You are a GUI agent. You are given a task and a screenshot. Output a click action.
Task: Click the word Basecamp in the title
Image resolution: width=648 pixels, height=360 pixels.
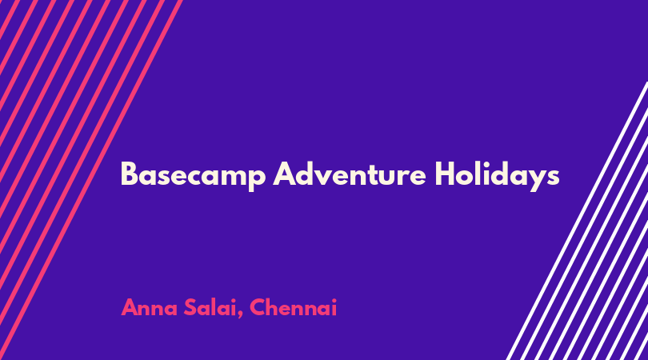193,176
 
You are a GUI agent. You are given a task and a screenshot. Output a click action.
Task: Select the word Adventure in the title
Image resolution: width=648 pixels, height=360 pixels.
350,174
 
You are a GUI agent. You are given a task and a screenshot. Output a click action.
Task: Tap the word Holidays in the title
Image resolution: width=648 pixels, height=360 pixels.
497,176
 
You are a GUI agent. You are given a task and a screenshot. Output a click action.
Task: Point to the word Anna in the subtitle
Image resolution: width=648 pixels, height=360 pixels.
149,307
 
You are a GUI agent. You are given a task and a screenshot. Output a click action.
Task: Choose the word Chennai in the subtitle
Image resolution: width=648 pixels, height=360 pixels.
294,307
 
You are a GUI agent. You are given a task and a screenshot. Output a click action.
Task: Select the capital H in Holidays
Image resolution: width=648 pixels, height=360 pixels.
445,174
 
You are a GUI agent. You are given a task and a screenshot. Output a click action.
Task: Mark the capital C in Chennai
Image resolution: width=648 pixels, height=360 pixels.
258,307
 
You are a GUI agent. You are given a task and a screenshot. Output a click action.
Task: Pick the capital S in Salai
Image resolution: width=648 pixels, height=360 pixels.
190,307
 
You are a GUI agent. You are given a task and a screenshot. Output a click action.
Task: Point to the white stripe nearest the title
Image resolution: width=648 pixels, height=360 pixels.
577,221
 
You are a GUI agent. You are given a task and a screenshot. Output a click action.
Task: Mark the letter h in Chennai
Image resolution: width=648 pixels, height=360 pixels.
276,307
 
